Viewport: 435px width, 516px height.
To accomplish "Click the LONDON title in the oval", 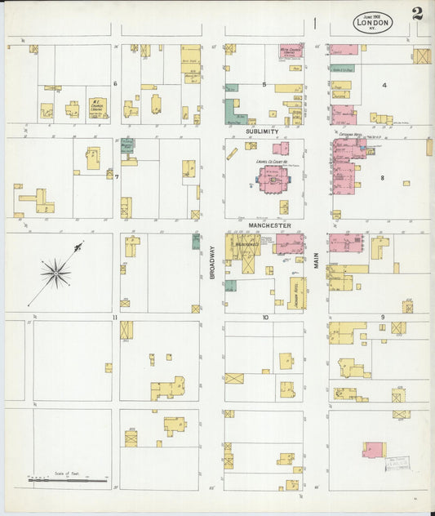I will point(372,22).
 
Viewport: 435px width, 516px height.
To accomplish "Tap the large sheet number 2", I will point(417,14).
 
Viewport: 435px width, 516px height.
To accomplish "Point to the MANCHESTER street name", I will point(264,225).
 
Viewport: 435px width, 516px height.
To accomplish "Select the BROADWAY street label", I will point(211,264).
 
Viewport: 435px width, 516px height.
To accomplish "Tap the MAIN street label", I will point(316,260).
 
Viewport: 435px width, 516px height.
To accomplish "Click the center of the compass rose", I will point(55,272).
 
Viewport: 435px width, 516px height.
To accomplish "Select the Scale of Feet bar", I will point(69,480).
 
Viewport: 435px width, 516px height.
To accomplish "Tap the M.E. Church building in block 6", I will point(97,107).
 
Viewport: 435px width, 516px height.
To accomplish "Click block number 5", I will point(264,84).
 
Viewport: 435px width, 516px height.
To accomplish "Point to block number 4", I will point(384,85).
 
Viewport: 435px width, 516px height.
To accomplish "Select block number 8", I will point(381,177).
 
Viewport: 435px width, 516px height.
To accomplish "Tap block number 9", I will point(381,317).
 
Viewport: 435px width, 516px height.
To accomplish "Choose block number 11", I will point(116,317).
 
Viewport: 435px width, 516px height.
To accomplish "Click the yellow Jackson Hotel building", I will point(297,292).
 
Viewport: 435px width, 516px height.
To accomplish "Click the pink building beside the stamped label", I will point(373,450).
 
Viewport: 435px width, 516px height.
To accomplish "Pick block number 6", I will point(116,84).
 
